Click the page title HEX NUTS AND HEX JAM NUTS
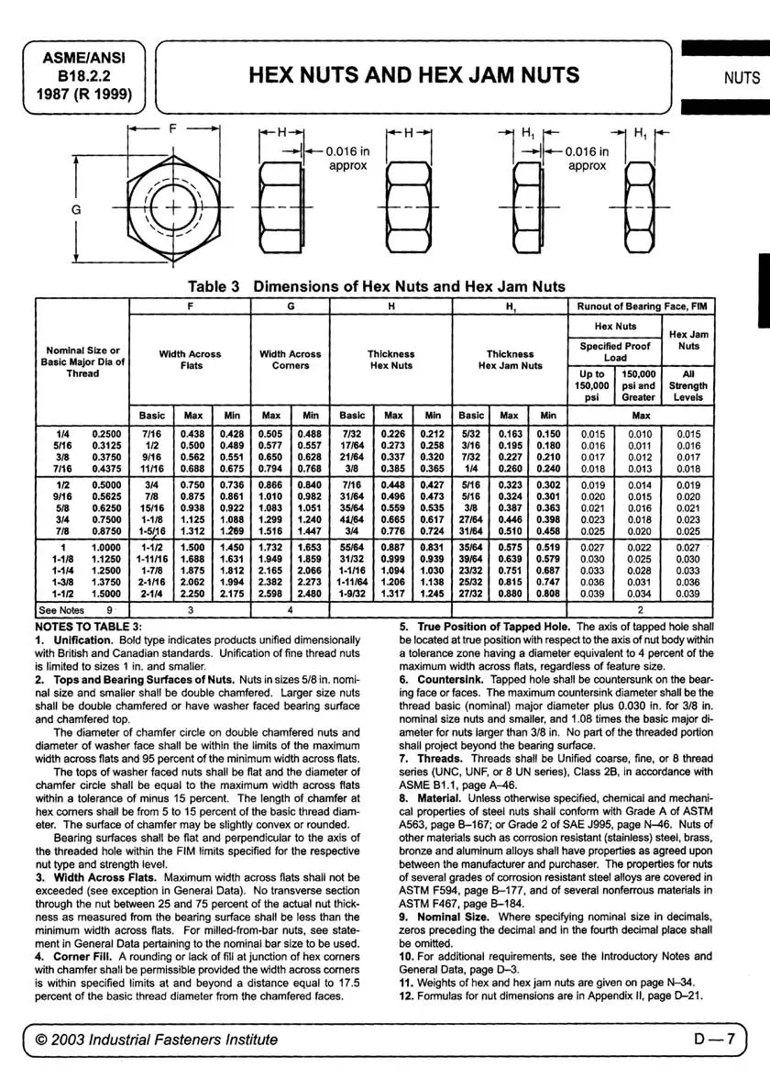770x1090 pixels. click(x=413, y=74)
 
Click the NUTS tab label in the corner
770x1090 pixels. click(x=742, y=77)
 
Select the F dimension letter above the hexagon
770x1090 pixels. click(x=172, y=130)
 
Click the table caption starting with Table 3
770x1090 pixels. click(x=377, y=286)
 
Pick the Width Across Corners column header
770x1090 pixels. click(x=291, y=360)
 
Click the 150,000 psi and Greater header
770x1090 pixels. click(x=639, y=386)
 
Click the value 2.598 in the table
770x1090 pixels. click(x=271, y=593)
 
